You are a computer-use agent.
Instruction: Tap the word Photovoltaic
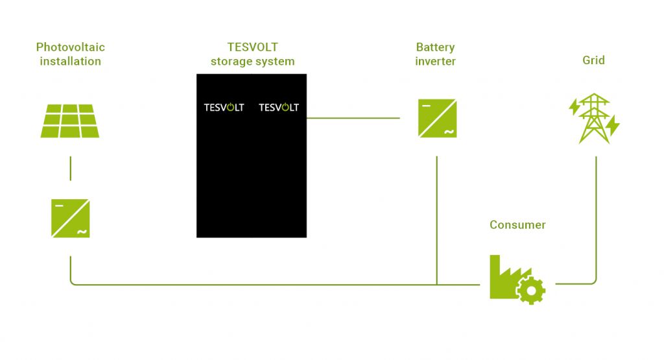pyautogui.click(x=70, y=47)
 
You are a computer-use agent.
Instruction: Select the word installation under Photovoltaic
pyautogui.click(x=70, y=62)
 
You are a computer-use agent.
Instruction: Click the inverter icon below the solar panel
pyautogui.click(x=70, y=219)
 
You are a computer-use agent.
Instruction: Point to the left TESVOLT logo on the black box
pyautogui.click(x=224, y=108)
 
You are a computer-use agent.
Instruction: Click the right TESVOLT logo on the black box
pyautogui.click(x=279, y=108)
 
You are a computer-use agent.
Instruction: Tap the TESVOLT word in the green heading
pyautogui.click(x=252, y=47)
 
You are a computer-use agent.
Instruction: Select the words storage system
pyautogui.click(x=252, y=62)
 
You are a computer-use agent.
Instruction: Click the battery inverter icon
pyautogui.click(x=437, y=117)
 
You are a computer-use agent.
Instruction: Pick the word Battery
pyautogui.click(x=435, y=47)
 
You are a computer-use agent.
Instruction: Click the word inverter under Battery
pyautogui.click(x=435, y=62)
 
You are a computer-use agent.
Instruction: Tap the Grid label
pyautogui.click(x=593, y=60)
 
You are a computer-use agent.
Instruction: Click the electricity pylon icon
pyautogui.click(x=594, y=118)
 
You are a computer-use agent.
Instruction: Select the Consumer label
pyautogui.click(x=517, y=225)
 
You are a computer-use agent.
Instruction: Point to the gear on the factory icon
pyautogui.click(x=532, y=291)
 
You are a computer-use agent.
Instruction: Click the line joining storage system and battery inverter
pyautogui.click(x=353, y=118)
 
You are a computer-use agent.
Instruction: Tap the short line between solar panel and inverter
pyautogui.click(x=70, y=168)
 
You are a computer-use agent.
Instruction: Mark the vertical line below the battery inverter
pyautogui.click(x=437, y=221)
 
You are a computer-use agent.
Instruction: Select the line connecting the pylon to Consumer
pyautogui.click(x=595, y=221)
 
